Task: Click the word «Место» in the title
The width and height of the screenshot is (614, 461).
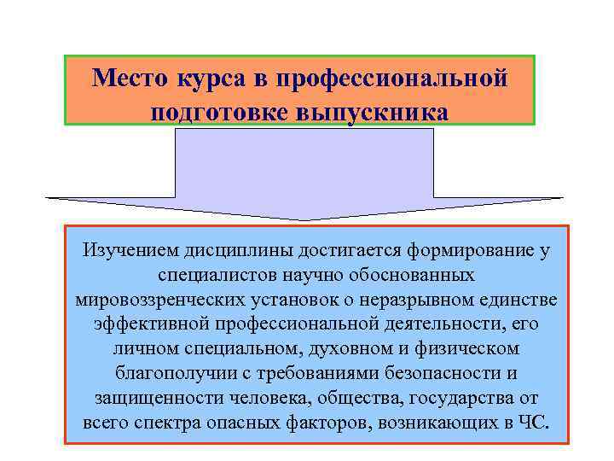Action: point(129,79)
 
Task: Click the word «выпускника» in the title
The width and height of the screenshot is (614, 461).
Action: point(375,112)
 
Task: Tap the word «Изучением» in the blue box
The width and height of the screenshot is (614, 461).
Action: point(127,251)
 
